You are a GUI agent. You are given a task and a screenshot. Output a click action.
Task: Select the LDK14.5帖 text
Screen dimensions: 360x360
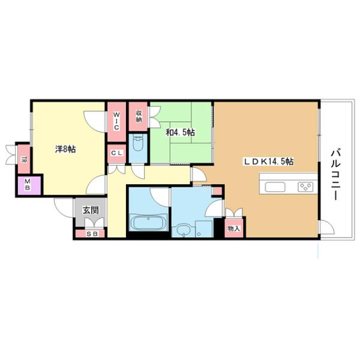pyautogui.click(x=268, y=161)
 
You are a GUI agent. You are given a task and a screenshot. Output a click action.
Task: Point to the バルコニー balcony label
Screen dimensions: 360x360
pyautogui.click(x=335, y=174)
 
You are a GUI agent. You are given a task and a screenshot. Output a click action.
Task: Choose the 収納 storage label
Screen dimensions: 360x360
pyautogui.click(x=138, y=116)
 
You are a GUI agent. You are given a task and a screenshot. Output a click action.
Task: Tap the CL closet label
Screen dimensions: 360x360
pyautogui.click(x=116, y=153)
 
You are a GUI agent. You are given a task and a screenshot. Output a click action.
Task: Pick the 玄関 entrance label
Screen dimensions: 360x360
pyautogui.click(x=91, y=211)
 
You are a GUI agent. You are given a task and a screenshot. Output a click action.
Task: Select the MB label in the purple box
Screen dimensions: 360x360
pyautogui.click(x=27, y=187)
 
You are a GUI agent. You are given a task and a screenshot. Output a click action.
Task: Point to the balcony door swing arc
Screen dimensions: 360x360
pyautogui.click(x=325, y=226)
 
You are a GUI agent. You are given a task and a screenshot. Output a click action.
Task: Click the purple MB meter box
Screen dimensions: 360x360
pyautogui.click(x=28, y=185)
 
